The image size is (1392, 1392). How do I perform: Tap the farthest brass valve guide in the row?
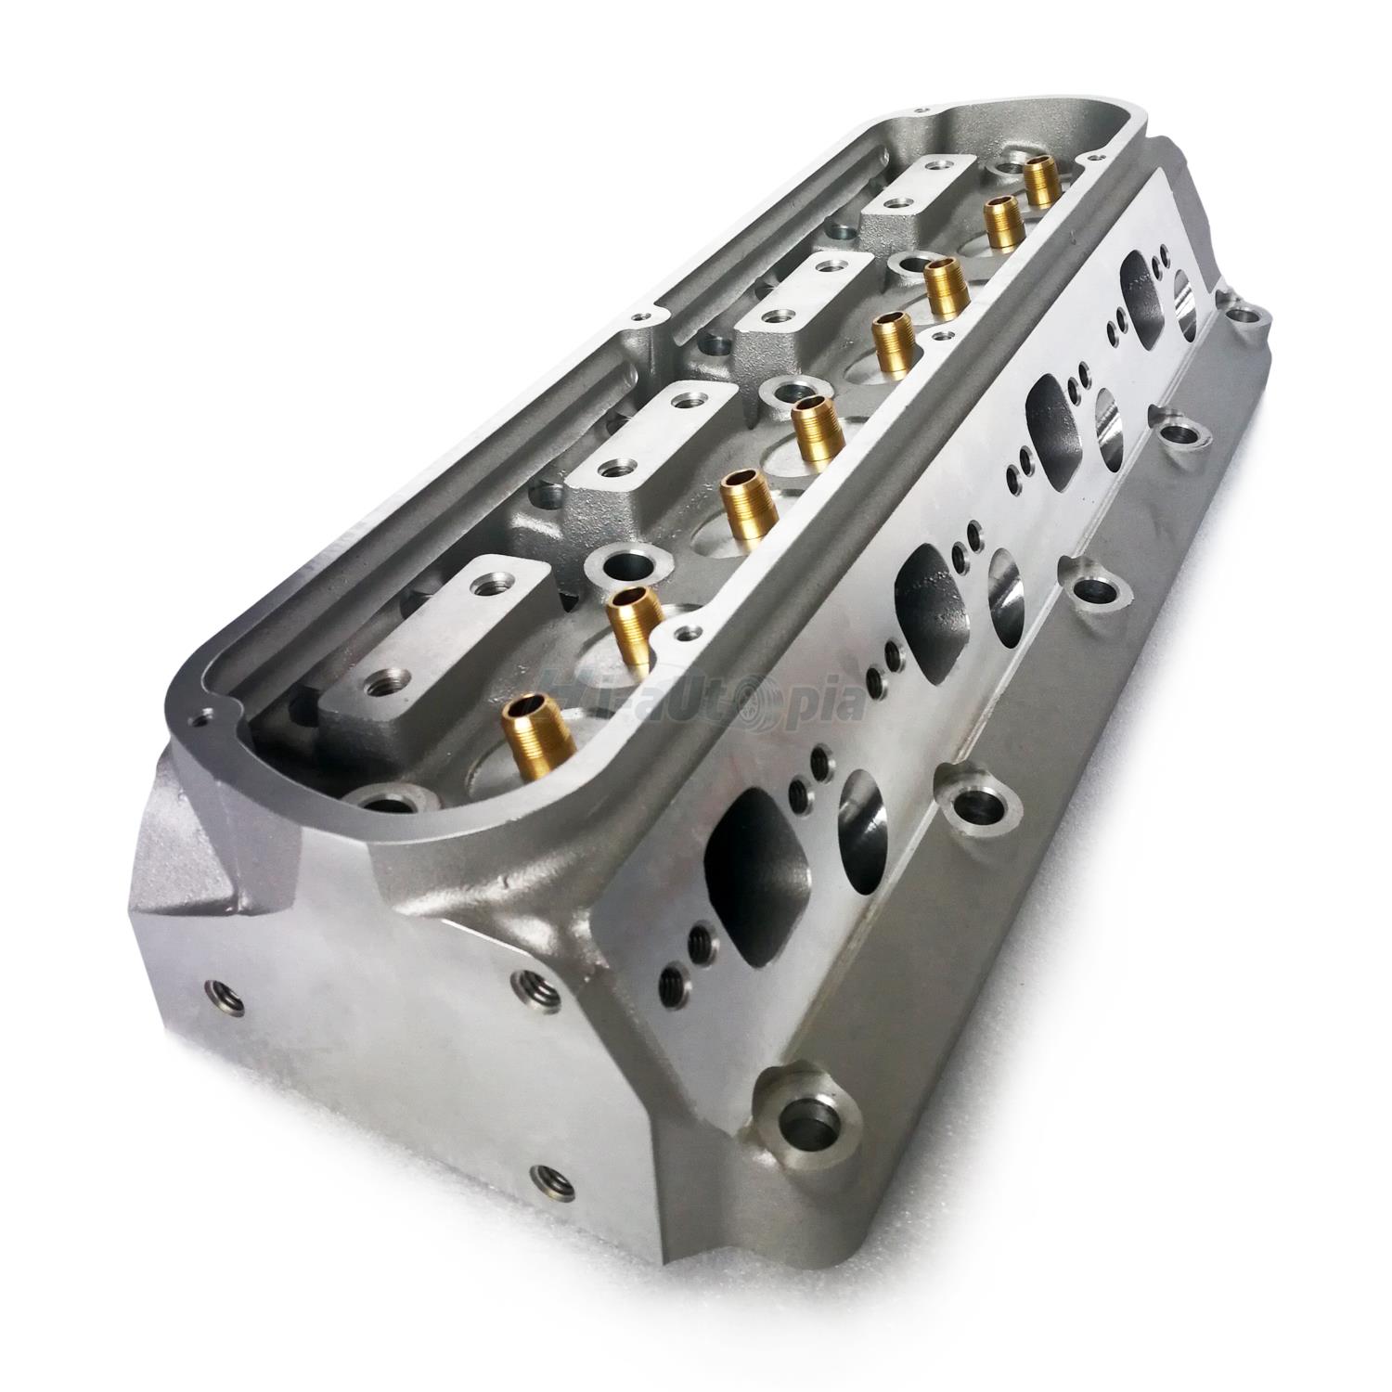click(x=1042, y=179)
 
